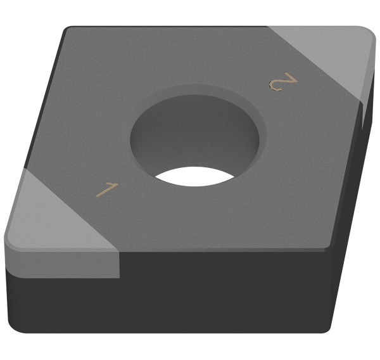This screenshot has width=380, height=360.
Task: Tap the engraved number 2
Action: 282,82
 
